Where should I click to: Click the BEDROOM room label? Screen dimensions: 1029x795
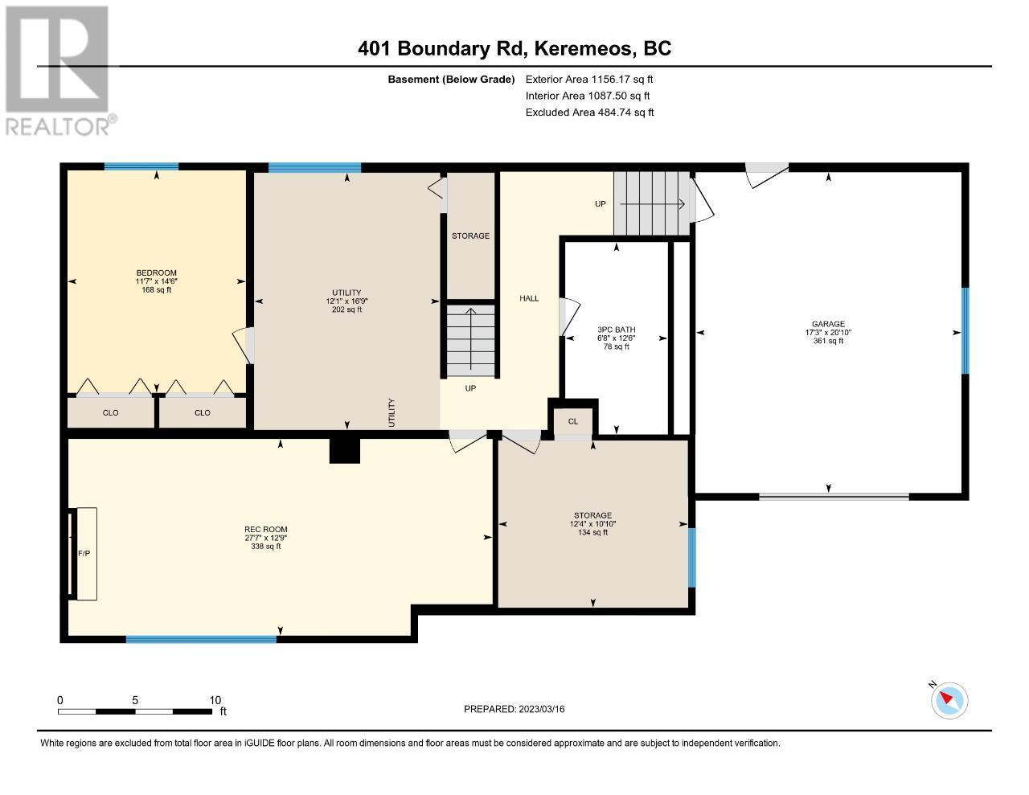pos(156,273)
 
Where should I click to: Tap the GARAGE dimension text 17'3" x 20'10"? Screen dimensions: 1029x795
pos(828,333)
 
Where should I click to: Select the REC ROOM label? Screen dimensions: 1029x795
pos(265,530)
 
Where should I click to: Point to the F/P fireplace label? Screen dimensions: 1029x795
pos(84,553)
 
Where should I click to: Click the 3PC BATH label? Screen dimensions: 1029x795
pos(616,330)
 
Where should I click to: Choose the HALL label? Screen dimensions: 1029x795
pos(529,298)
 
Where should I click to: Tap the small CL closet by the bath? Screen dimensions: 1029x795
pos(573,421)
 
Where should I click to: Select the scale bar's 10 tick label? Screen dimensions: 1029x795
pos(215,700)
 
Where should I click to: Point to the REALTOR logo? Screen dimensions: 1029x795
pos(59,71)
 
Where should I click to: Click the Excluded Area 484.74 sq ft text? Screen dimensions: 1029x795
pos(589,113)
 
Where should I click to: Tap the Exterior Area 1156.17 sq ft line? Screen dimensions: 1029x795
pos(589,79)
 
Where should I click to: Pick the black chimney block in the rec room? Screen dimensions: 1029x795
pos(345,450)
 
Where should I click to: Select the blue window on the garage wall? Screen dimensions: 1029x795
pos(965,330)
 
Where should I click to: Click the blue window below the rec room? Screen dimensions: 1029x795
pos(201,639)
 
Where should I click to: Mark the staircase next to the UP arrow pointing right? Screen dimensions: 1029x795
pos(652,203)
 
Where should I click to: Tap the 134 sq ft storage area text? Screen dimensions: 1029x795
pos(592,532)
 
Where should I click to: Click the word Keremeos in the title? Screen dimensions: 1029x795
pos(585,48)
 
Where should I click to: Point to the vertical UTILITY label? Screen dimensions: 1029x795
pos(392,413)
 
